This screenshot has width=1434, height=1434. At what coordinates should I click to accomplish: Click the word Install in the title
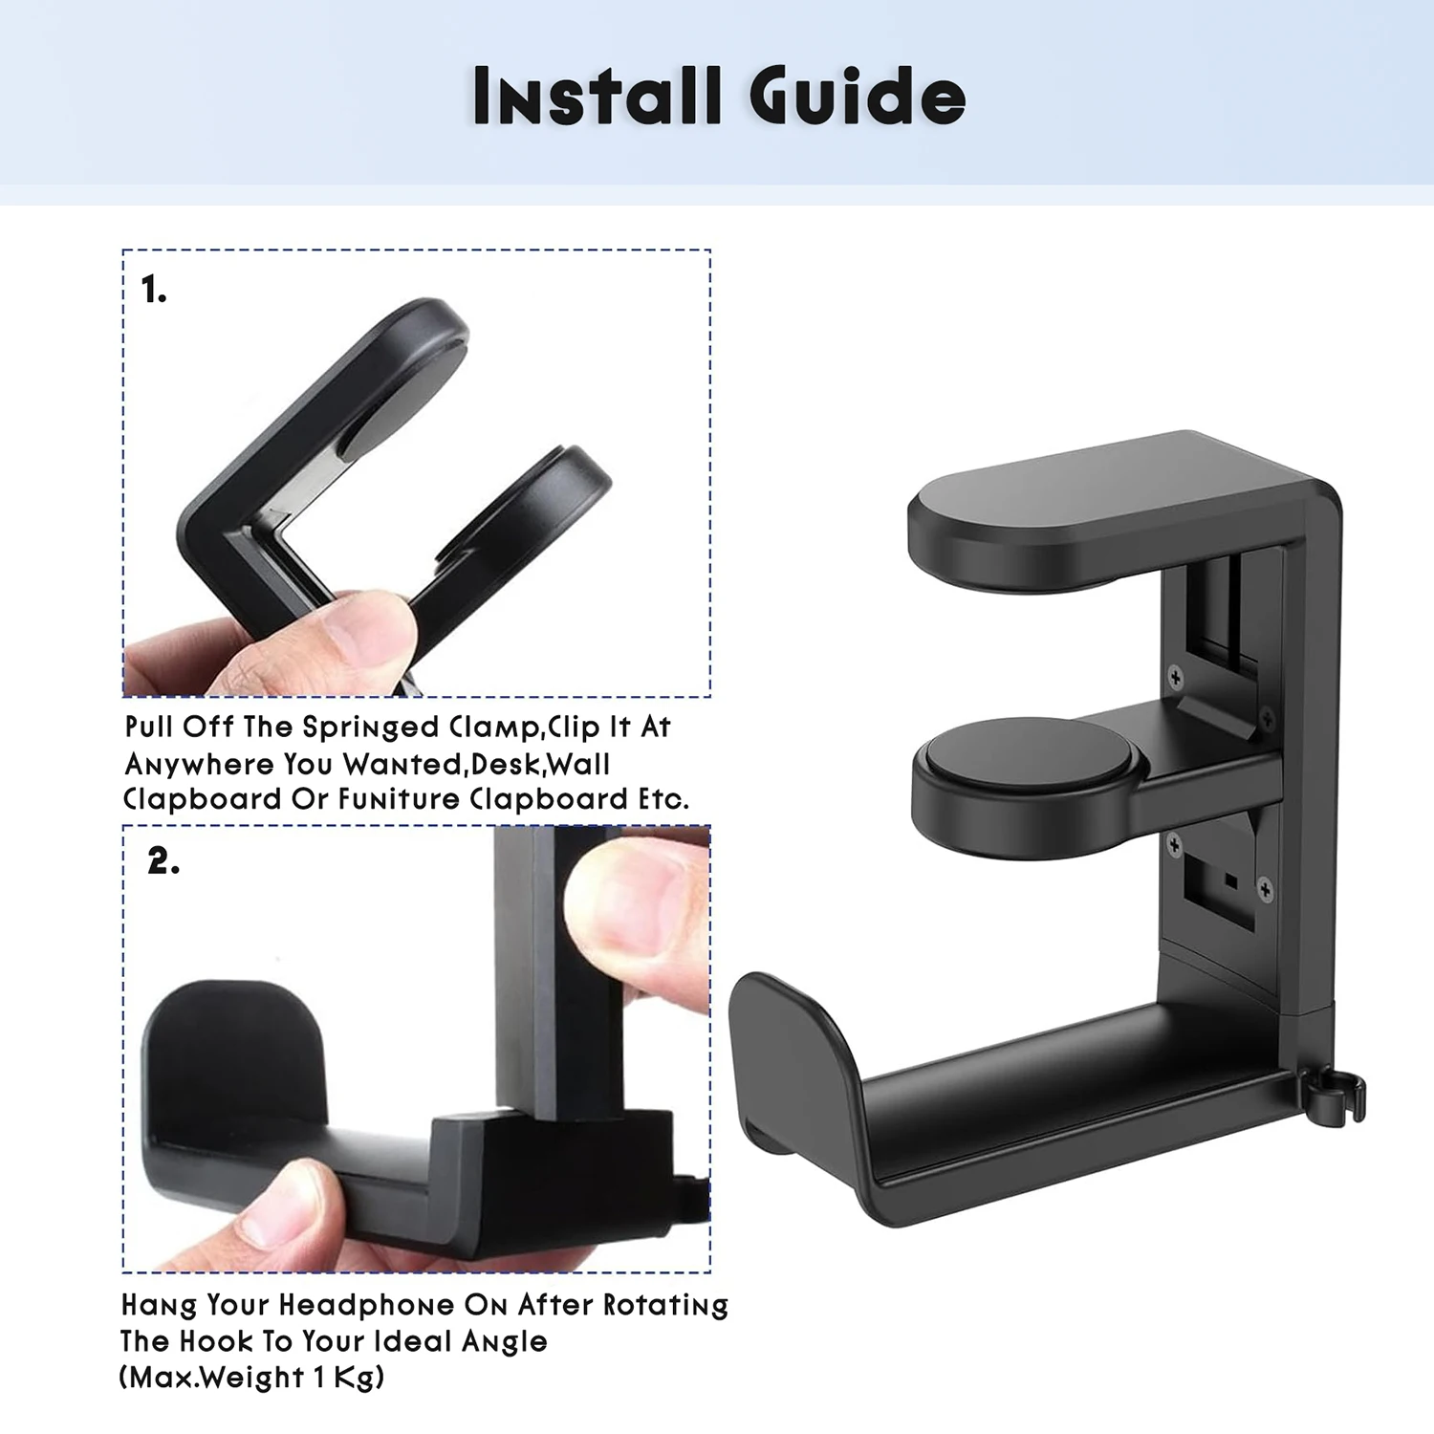pos(596,96)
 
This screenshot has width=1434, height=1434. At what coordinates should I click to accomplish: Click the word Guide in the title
pos(857,96)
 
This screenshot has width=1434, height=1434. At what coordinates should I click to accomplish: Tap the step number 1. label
pos(154,290)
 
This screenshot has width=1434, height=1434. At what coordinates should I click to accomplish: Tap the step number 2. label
pos(163,861)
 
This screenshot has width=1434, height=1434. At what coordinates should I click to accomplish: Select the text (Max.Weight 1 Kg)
pos(252,1378)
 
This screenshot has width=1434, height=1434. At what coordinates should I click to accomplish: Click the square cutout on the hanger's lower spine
pos(1219,889)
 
